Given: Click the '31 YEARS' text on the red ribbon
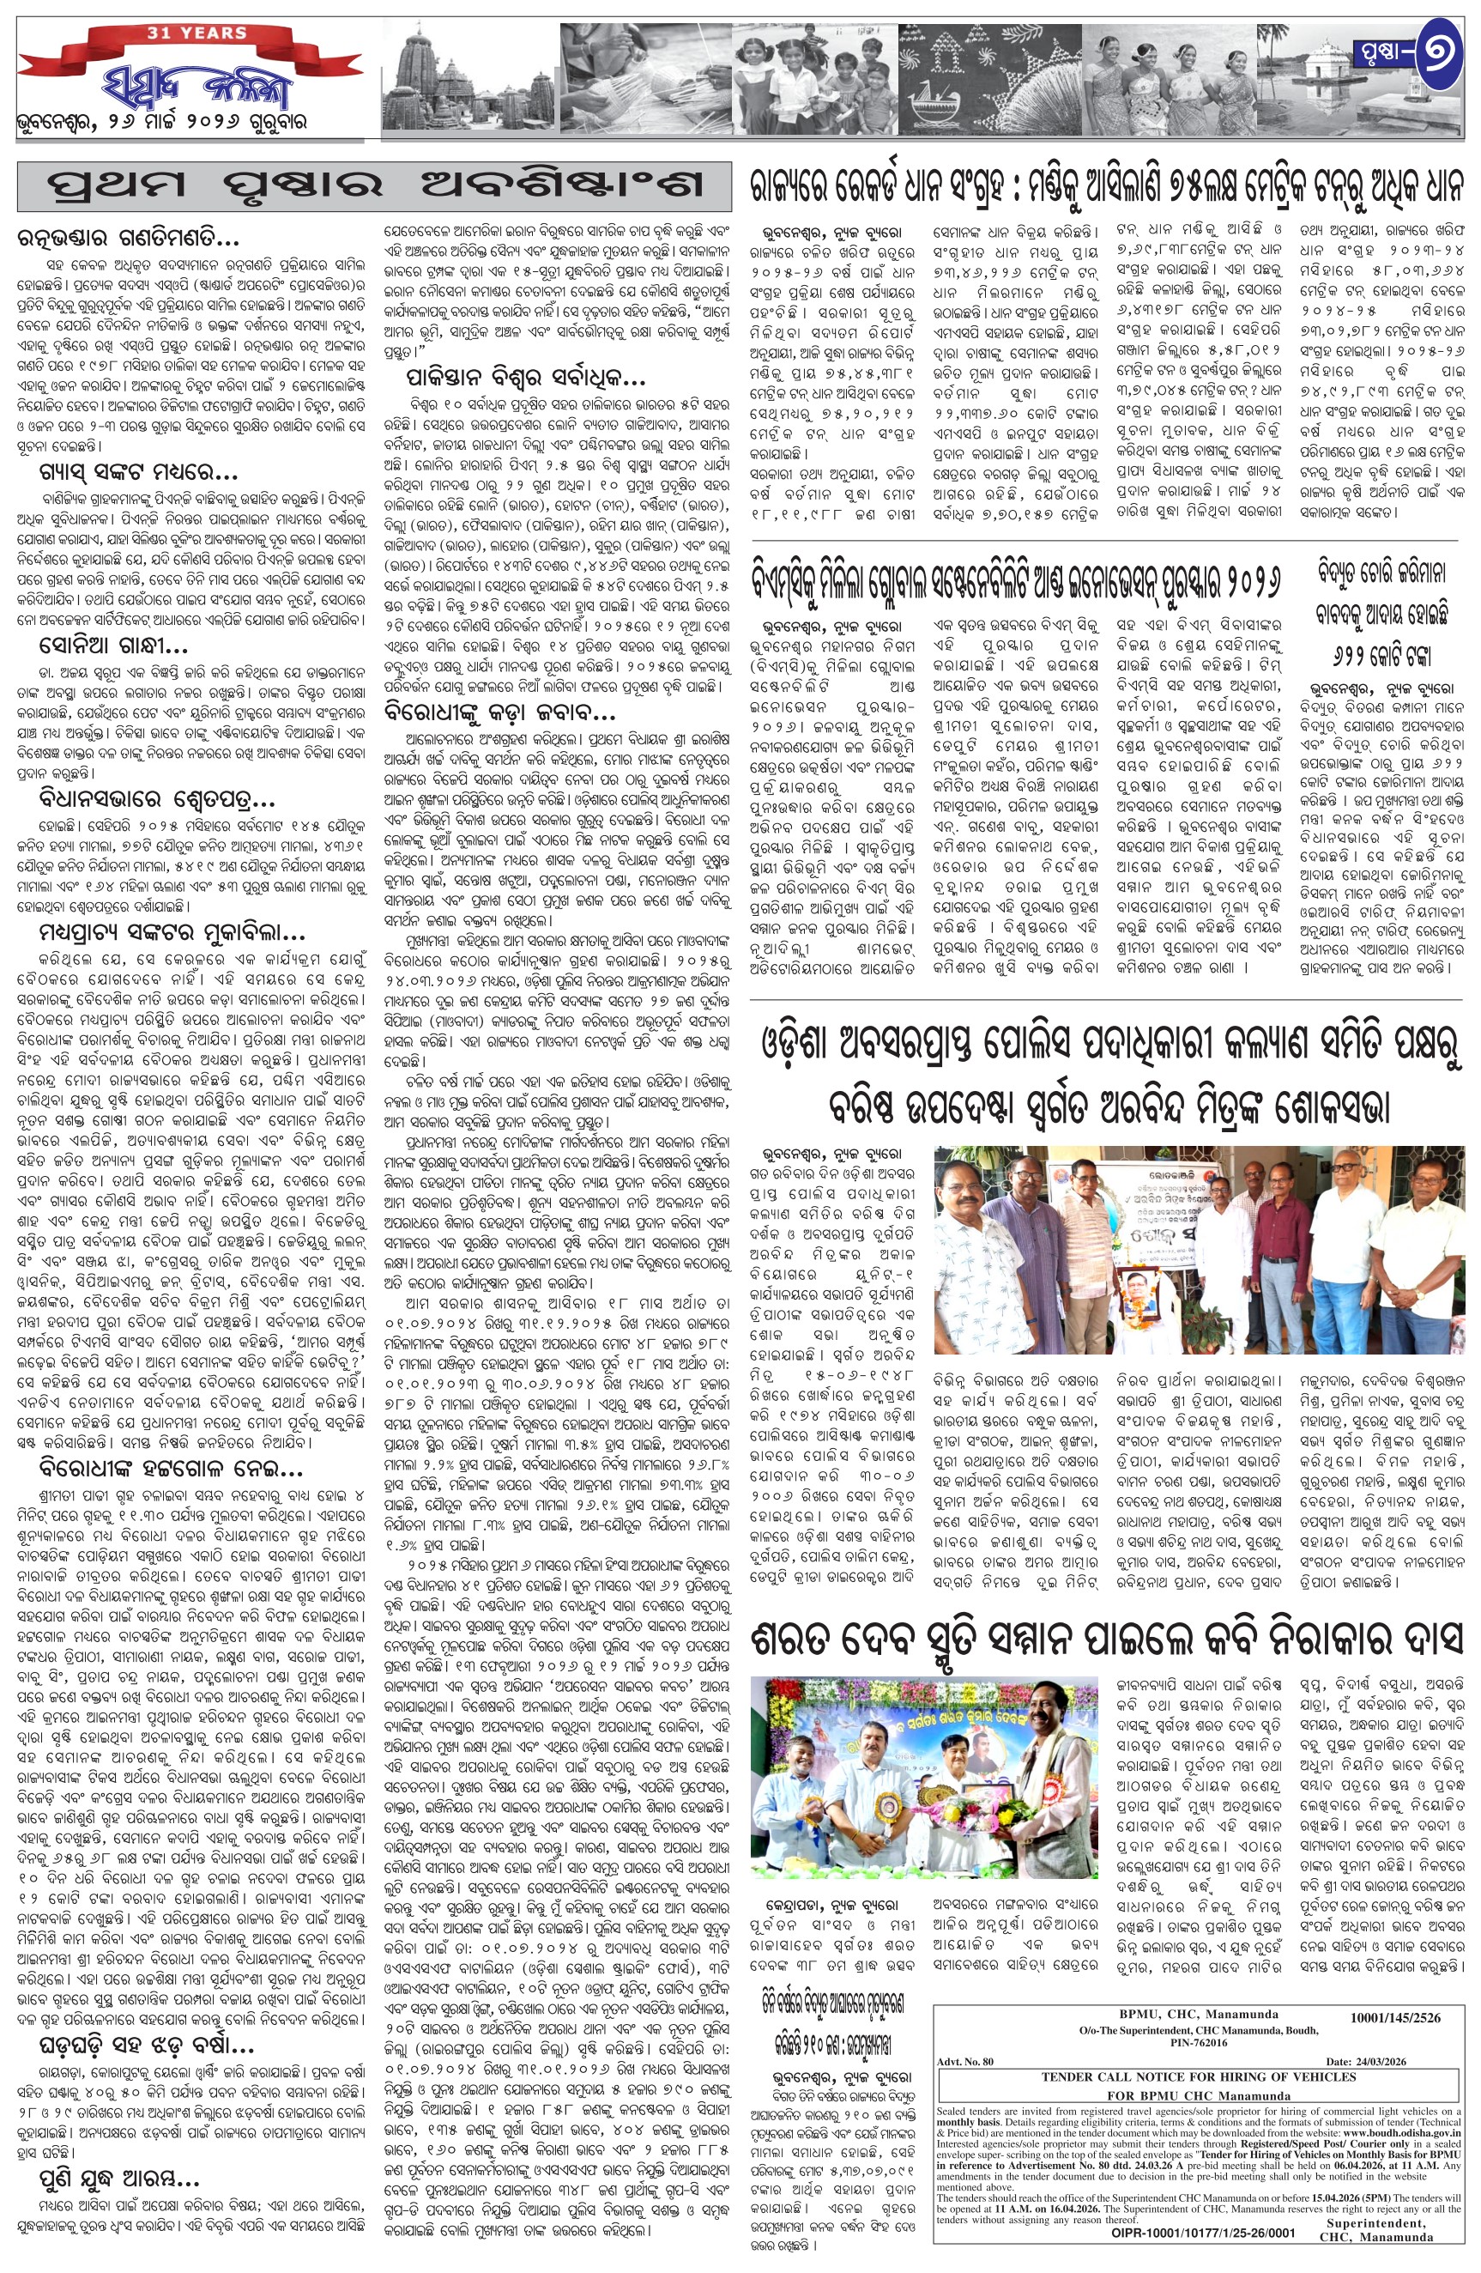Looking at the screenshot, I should coord(196,33).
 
